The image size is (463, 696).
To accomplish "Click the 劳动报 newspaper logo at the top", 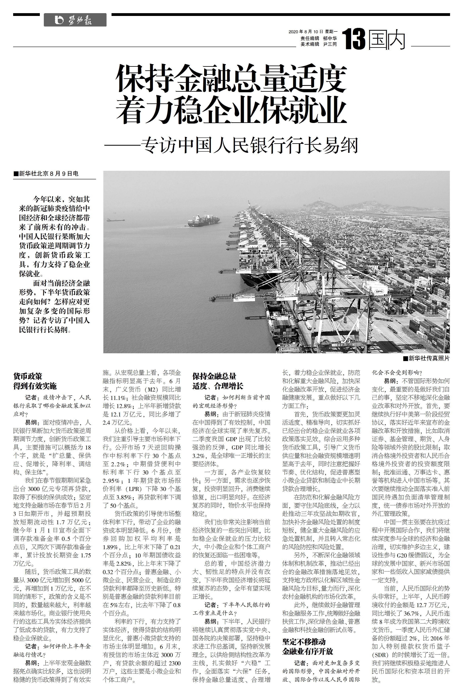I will coord(75,20).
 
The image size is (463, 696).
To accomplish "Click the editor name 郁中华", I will coord(330,38).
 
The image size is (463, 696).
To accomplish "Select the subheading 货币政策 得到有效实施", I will coord(35,381).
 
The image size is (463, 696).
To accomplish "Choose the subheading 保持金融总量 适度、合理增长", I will coord(218,381).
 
